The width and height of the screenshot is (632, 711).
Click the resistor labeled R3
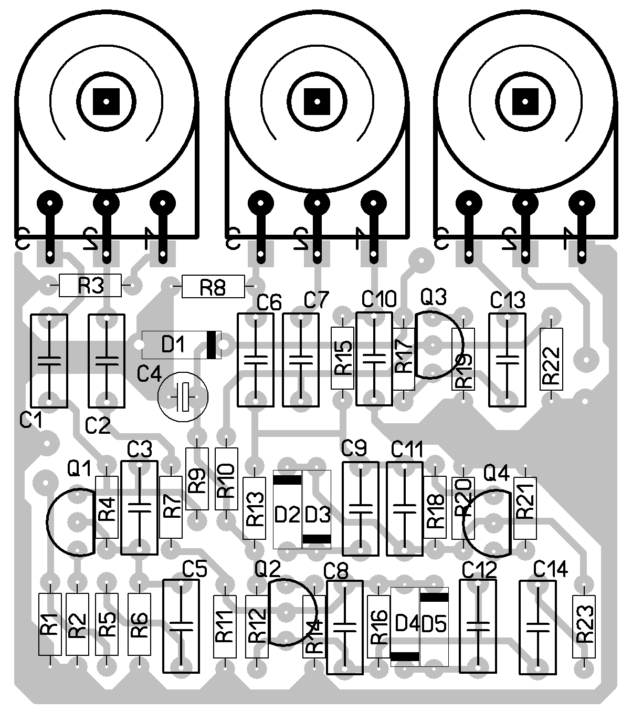[90, 286]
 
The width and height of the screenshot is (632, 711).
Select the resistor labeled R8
[213, 287]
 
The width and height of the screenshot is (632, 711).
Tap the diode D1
[182, 344]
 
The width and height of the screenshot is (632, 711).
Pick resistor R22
[551, 359]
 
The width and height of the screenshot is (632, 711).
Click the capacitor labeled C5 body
[182, 625]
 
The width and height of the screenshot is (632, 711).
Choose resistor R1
[50, 624]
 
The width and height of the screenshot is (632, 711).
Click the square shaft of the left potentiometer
[107, 99]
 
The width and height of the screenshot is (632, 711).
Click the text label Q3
[433, 298]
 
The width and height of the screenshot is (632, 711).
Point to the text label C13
[508, 300]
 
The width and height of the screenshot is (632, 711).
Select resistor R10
[226, 478]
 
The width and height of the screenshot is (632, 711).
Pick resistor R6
[140, 624]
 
